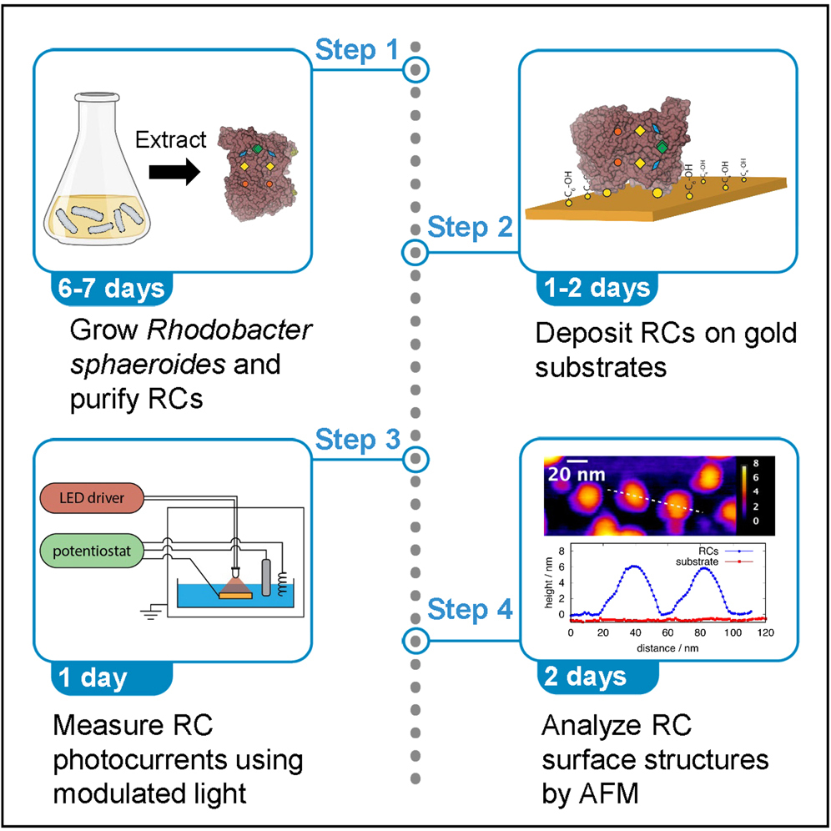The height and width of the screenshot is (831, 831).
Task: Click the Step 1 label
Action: click(356, 51)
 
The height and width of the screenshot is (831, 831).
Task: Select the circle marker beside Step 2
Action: click(415, 252)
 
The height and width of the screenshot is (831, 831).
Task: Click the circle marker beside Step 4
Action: click(415, 640)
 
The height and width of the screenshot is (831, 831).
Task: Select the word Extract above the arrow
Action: click(170, 139)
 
